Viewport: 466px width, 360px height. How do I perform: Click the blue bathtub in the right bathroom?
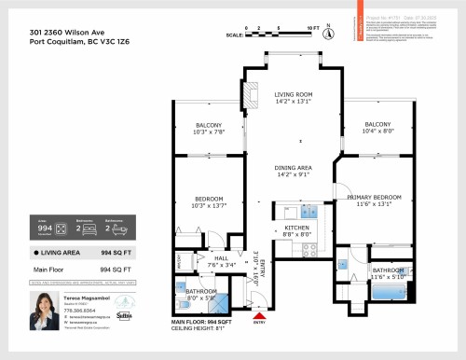[x=387, y=294]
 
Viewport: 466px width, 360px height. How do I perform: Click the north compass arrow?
[x=328, y=35]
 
